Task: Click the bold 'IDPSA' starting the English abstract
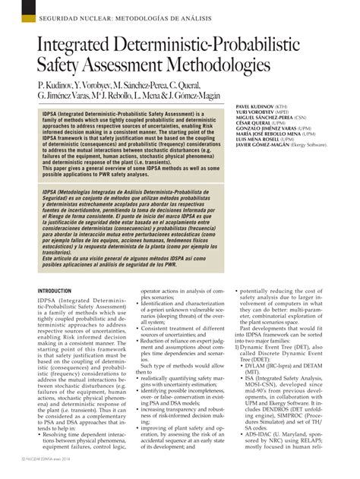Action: pyautogui.click(x=51, y=113)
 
